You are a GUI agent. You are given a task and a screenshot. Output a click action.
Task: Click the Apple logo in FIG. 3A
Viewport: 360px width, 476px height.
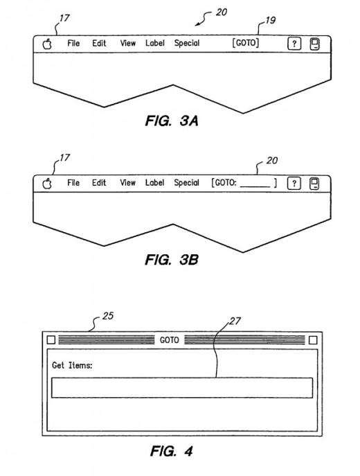point(47,44)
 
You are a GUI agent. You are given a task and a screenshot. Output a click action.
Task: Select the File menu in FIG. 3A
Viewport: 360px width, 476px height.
point(73,43)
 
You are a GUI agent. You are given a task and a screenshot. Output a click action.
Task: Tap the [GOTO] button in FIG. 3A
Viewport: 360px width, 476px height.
point(246,43)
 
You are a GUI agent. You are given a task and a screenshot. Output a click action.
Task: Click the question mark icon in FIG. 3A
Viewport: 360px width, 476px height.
point(294,44)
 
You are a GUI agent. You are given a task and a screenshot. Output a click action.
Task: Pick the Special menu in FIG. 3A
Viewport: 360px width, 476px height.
point(187,44)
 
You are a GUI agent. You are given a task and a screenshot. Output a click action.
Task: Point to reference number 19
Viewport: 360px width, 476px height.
point(270,20)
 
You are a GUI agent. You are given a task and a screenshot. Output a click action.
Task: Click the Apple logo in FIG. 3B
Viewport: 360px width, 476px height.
point(47,184)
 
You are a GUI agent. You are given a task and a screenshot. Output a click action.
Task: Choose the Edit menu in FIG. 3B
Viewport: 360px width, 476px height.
point(99,183)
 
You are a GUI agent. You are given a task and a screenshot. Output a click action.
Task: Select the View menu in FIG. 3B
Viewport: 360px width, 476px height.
point(127,183)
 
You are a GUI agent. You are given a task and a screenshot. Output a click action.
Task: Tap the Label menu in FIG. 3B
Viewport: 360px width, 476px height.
point(154,183)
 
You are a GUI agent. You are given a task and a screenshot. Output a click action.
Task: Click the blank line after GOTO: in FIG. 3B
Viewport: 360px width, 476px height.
point(255,186)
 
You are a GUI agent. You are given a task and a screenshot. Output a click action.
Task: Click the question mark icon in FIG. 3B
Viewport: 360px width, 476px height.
point(294,184)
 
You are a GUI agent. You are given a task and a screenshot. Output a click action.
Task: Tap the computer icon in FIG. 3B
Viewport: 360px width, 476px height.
point(314,184)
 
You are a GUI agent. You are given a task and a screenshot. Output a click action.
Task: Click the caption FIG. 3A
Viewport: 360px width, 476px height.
point(172,121)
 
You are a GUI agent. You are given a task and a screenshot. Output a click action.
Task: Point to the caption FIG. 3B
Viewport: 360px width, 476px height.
point(172,260)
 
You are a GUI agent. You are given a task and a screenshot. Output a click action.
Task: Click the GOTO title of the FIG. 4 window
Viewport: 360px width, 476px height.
point(169,340)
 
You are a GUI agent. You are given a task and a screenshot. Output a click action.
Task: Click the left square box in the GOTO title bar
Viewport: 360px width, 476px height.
point(51,340)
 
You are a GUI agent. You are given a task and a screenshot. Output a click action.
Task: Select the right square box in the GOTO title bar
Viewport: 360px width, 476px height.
point(313,340)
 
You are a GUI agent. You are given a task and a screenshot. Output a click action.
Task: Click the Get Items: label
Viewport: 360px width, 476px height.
point(72,365)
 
